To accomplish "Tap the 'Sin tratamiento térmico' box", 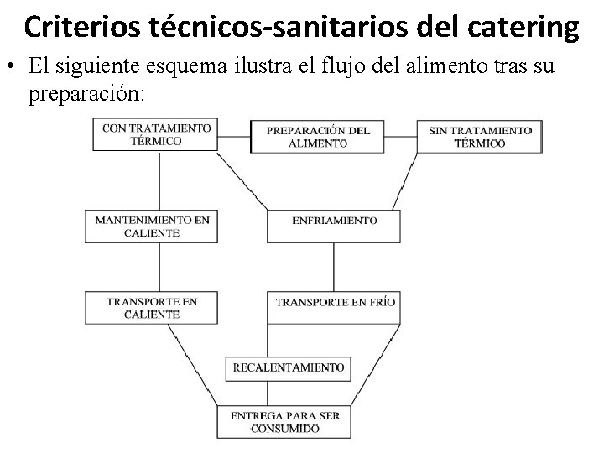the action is (x=480, y=137).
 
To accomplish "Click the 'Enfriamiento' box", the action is (x=334, y=221).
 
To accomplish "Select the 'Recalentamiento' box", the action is (x=289, y=367).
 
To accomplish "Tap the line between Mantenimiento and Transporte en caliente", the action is (x=159, y=266).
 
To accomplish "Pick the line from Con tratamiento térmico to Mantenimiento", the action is (x=159, y=180).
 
